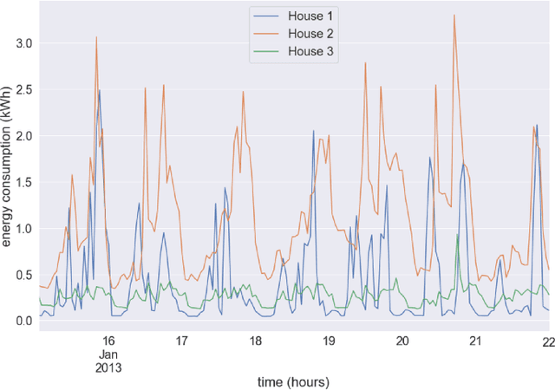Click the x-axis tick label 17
[181, 341]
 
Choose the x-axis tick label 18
[255, 341]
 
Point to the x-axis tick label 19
[329, 341]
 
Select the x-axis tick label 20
[402, 341]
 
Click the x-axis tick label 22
[547, 341]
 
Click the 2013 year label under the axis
[108, 367]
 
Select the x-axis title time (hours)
[294, 380]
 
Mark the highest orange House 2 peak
[454, 15]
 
